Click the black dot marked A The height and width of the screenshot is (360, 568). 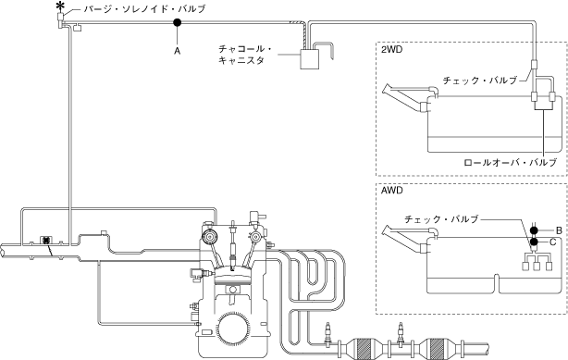pyautogui.click(x=177, y=23)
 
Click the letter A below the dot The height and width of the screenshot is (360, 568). pyautogui.click(x=177, y=51)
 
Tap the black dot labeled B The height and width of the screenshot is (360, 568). pyautogui.click(x=534, y=230)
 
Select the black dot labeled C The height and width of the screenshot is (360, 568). pyautogui.click(x=534, y=242)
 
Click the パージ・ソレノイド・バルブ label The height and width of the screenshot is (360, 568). pyautogui.click(x=145, y=9)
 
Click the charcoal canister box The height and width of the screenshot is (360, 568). pyautogui.click(x=310, y=59)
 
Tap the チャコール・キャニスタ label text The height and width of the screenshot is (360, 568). pyautogui.click(x=245, y=55)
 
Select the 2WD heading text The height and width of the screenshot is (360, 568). pyautogui.click(x=391, y=50)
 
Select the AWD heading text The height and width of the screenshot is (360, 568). pyautogui.click(x=392, y=191)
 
